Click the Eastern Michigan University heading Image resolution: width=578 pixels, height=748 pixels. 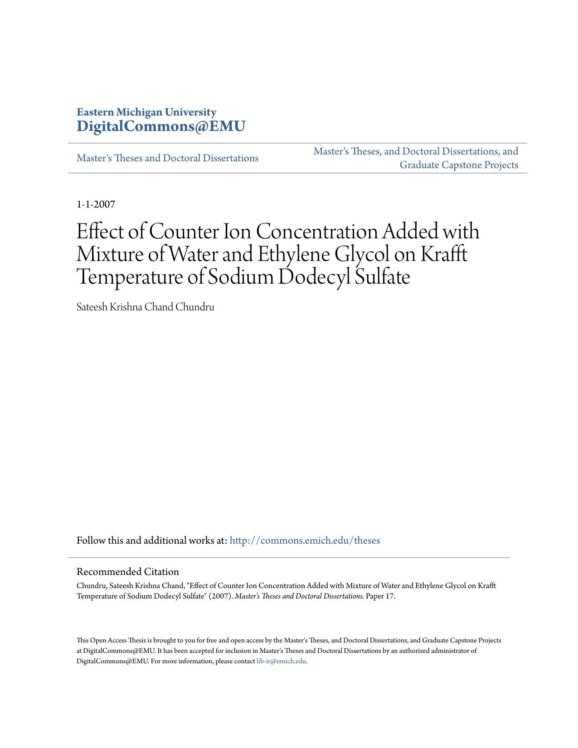146,112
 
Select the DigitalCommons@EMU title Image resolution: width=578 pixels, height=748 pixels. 161,126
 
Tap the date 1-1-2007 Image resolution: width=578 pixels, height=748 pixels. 96,204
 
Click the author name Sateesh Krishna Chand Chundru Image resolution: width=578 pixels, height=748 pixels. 145,307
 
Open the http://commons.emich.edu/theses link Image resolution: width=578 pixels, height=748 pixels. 305,540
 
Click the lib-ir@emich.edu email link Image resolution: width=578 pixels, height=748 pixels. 281,661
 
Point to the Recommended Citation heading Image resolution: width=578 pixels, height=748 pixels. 127,571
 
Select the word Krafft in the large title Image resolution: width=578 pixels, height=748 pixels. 444,254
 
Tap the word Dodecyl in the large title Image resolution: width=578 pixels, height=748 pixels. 312,277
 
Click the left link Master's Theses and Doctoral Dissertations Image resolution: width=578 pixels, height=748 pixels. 167,158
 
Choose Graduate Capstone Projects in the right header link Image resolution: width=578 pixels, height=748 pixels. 458,165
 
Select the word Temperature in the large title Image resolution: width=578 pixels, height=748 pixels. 130,277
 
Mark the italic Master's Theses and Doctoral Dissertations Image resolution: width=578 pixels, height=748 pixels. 299,596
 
